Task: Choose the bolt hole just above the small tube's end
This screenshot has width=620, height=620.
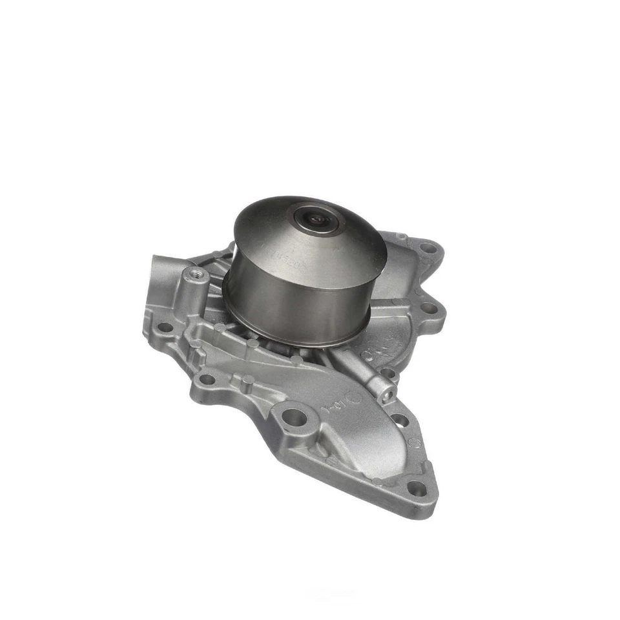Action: (x=388, y=373)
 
